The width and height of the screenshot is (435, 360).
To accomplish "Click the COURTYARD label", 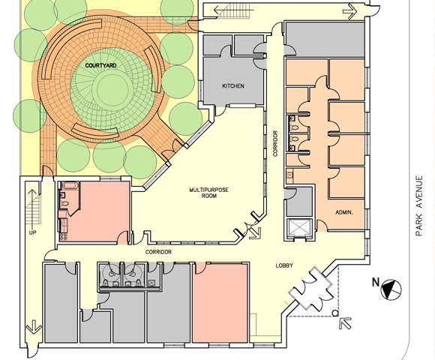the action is [100, 66].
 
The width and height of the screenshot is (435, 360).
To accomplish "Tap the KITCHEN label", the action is [233, 86].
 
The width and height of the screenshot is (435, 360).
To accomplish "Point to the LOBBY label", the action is [284, 265].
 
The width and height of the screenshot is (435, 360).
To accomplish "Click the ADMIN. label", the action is [344, 213].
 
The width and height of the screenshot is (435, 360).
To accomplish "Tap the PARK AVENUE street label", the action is [419, 205].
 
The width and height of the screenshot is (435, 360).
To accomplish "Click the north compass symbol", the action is [391, 289].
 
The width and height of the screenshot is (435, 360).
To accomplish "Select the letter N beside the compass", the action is [376, 282].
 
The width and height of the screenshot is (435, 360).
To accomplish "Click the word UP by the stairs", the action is [32, 232].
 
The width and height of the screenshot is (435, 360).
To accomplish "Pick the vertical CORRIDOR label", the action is [275, 144].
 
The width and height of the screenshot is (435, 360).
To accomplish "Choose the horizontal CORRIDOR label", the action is [158, 252].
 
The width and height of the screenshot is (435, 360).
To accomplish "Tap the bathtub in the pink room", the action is [70, 185].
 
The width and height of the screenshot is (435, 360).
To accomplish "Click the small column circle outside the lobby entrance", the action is [335, 313].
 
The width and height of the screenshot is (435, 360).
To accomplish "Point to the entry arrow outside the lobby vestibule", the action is [346, 322].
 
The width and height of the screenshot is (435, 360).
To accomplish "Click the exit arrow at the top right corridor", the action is [350, 11].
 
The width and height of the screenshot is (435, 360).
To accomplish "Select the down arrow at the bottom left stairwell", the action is [34, 326].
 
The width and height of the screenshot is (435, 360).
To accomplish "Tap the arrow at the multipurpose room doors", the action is [255, 233].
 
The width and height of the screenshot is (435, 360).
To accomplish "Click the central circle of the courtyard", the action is [112, 89].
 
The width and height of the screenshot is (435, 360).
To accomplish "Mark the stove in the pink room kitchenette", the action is [63, 236].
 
